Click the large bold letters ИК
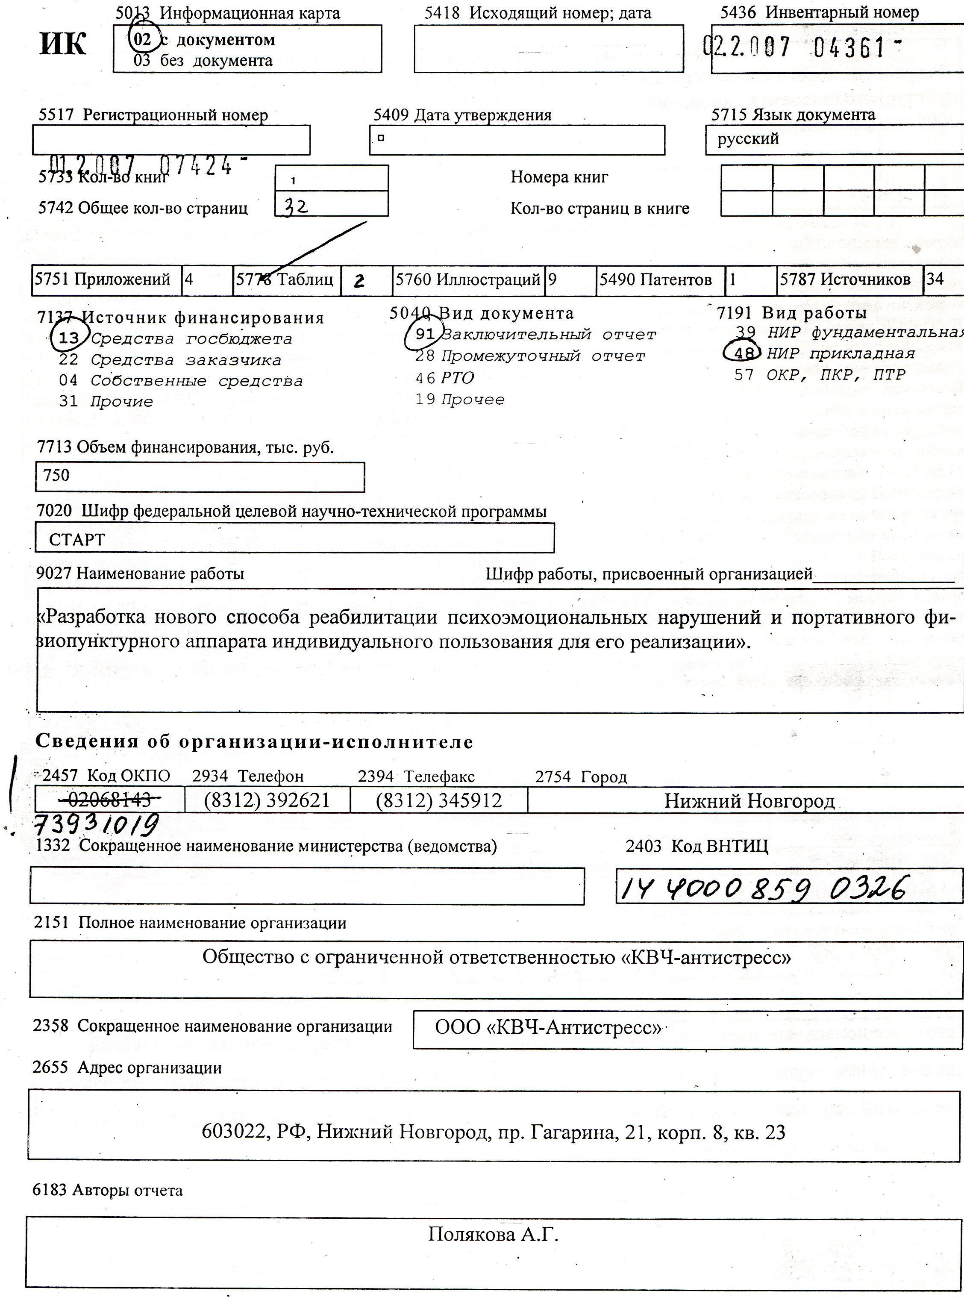pyautogui.click(x=63, y=44)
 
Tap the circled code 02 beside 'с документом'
pyautogui.click(x=142, y=40)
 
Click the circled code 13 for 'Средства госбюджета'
pyautogui.click(x=69, y=338)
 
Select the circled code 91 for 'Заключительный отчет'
pyautogui.click(x=425, y=334)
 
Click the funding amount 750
pyautogui.click(x=56, y=476)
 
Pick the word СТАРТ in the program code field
pyautogui.click(x=77, y=540)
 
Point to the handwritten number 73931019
pyautogui.click(x=96, y=824)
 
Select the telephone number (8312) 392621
pyautogui.click(x=267, y=800)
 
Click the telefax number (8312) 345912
pyautogui.click(x=439, y=800)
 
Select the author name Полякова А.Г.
pyautogui.click(x=493, y=1234)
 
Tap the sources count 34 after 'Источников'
pyautogui.click(x=935, y=279)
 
